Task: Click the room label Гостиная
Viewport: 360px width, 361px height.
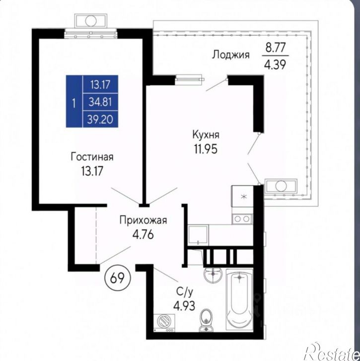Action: [x=92, y=157]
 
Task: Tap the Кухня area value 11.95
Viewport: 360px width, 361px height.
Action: [x=206, y=149]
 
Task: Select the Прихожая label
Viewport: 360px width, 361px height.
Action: [x=143, y=220]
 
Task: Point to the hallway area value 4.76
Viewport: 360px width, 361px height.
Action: [x=143, y=234]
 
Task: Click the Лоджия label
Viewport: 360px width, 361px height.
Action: [x=230, y=55]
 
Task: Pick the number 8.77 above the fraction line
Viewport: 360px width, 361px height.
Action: [x=276, y=48]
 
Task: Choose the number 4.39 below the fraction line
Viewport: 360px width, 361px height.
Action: [x=275, y=65]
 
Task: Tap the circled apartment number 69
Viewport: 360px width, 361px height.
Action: [x=118, y=278]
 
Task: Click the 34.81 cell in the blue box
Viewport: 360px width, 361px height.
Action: [x=100, y=102]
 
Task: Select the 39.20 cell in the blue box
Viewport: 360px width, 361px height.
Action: [x=100, y=119]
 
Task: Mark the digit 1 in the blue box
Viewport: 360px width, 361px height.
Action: [x=74, y=103]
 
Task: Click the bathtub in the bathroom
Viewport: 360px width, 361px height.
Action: [x=239, y=299]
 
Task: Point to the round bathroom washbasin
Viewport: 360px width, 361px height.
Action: [x=213, y=275]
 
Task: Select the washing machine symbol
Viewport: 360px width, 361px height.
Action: [x=164, y=323]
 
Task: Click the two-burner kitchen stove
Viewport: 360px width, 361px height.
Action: [x=242, y=219]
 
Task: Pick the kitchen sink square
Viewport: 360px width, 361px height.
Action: [x=198, y=235]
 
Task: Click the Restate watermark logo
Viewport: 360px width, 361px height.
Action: [x=332, y=352]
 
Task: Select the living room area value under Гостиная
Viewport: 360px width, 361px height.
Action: [x=92, y=171]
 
